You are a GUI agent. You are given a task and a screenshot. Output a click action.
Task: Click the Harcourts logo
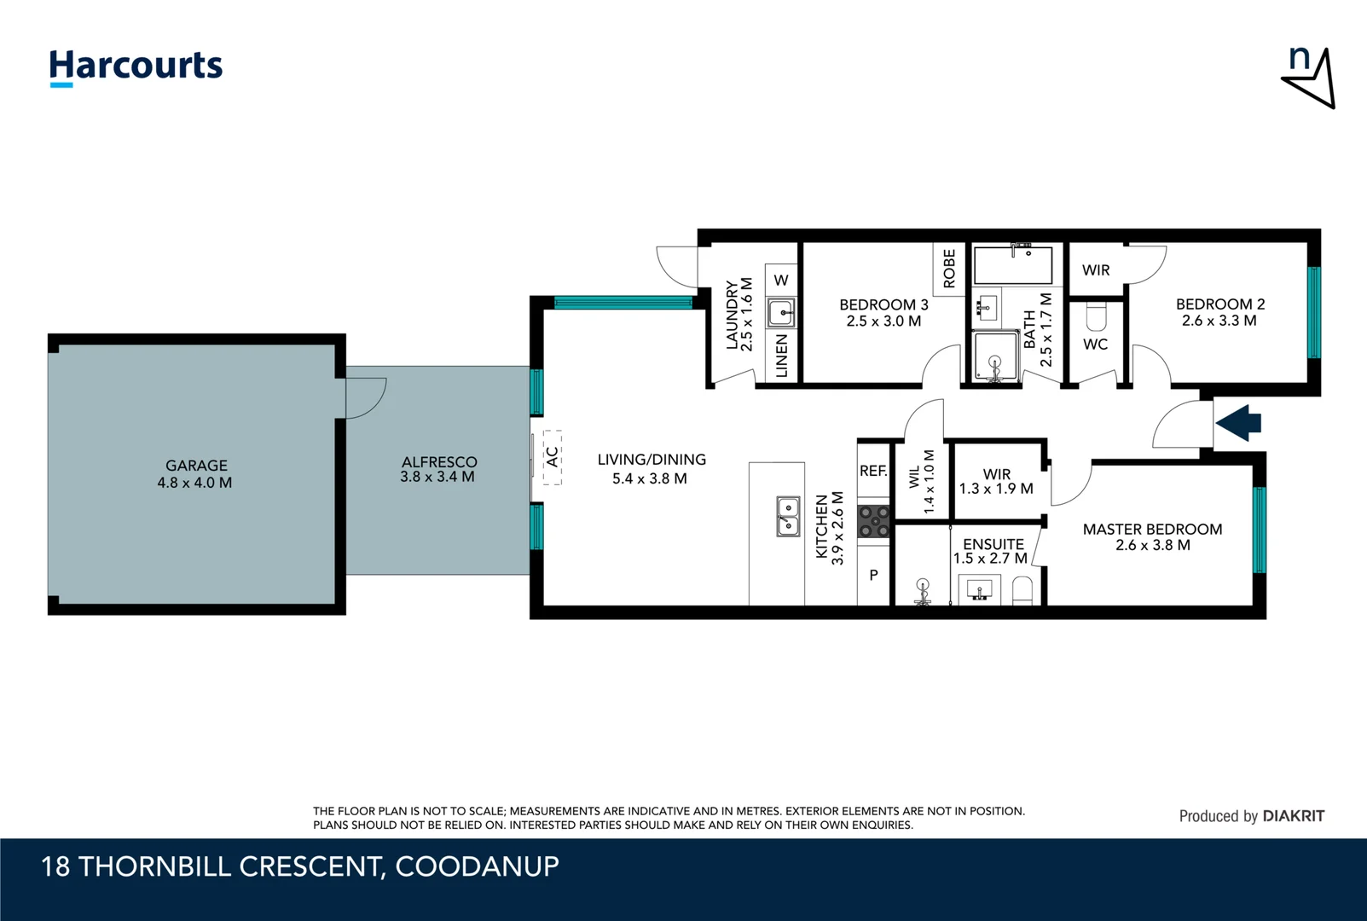[136, 67]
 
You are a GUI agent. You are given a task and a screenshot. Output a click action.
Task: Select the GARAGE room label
[196, 466]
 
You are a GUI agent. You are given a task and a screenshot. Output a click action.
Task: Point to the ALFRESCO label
[439, 461]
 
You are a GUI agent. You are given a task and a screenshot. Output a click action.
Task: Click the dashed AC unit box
[553, 457]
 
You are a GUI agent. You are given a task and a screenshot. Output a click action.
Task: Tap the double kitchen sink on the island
[788, 517]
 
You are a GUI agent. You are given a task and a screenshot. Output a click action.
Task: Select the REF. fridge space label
[873, 471]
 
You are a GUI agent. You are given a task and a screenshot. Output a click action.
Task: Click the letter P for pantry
[873, 576]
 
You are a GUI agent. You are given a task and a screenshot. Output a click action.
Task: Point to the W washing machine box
[781, 281]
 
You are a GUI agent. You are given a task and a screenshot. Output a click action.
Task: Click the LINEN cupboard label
[781, 356]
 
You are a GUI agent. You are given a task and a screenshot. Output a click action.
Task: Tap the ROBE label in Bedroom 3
[949, 269]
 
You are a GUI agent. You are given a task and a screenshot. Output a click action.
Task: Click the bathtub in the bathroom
[1013, 265]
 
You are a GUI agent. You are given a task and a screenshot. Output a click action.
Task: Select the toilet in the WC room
[1096, 318]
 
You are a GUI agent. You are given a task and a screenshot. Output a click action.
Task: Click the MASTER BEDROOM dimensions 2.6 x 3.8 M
[1152, 546]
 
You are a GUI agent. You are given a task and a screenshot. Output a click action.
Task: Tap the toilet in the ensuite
[1022, 590]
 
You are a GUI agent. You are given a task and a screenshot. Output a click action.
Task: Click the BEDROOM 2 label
[1219, 304]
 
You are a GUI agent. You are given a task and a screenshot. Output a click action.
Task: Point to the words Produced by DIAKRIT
[1251, 816]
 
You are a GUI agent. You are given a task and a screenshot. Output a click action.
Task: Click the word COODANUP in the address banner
[477, 866]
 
